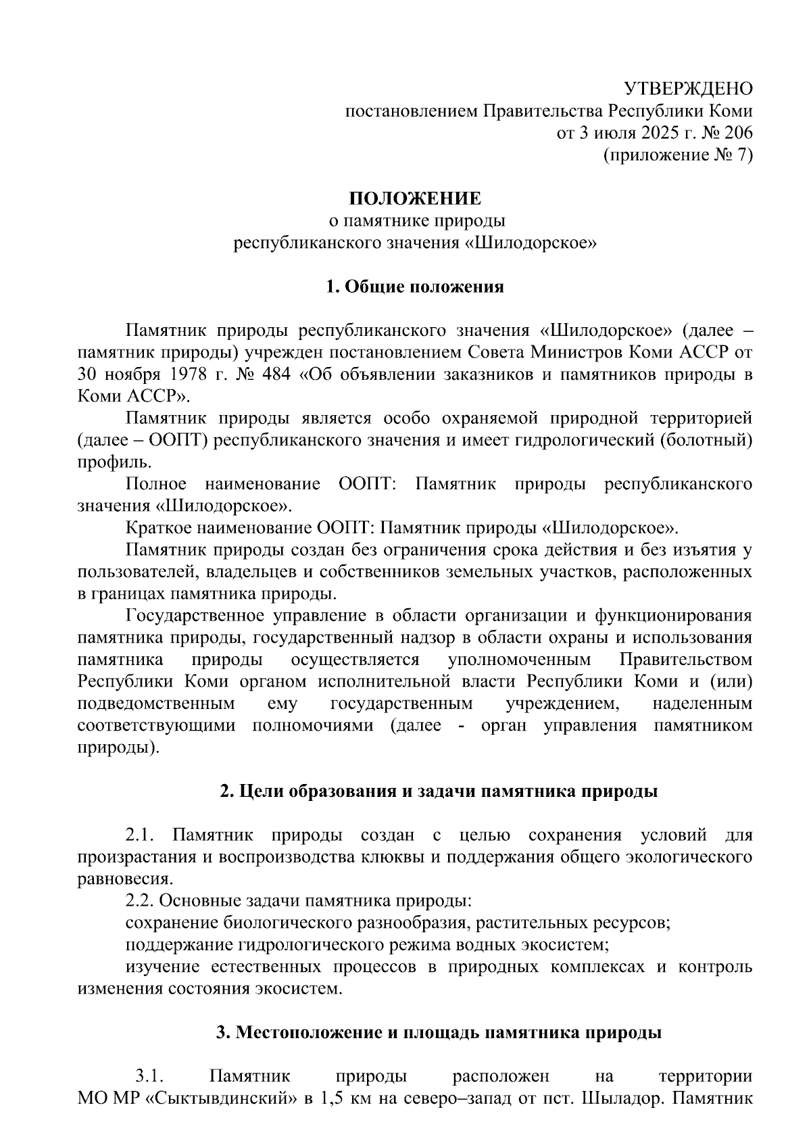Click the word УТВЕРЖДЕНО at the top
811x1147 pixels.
688,89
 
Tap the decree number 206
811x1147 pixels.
737,132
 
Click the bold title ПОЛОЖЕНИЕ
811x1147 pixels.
415,199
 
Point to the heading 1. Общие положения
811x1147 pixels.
415,287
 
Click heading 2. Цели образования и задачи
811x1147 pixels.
439,791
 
